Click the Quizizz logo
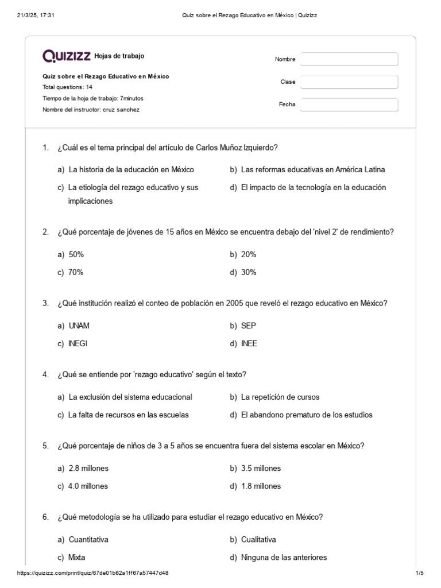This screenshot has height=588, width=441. point(67,56)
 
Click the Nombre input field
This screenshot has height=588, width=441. point(349,59)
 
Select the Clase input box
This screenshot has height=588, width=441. point(349,82)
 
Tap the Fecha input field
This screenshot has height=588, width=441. point(349,105)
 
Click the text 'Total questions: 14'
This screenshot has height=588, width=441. point(67,87)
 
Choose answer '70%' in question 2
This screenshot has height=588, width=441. point(76,273)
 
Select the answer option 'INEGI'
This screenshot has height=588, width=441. point(78,344)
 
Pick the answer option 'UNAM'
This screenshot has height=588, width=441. point(79,326)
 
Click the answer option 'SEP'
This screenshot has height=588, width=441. point(249,326)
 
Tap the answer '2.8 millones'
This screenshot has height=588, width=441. point(88,469)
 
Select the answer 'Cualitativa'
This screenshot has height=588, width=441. point(258,540)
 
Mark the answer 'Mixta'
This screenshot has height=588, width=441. point(77,558)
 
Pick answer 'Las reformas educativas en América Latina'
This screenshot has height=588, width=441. point(313,169)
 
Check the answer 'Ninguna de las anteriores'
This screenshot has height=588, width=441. point(284,558)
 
